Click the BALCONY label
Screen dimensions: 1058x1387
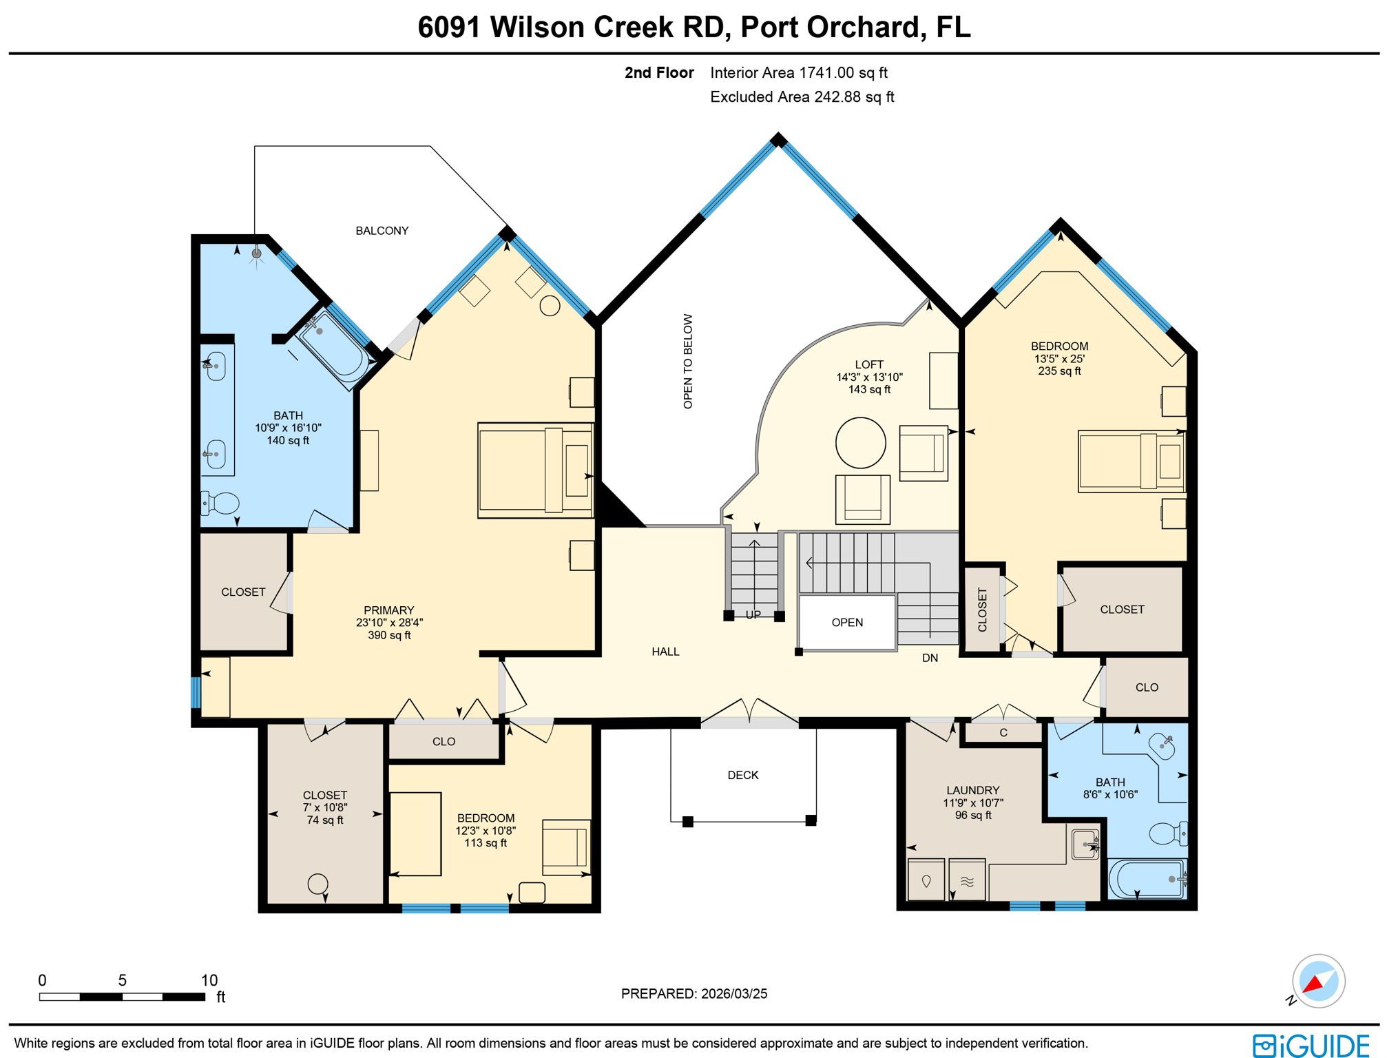point(382,231)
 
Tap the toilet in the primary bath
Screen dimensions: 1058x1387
point(220,503)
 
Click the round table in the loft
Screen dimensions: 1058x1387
point(860,442)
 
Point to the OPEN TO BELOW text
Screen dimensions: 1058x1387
point(688,362)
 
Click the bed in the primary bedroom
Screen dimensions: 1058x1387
point(534,470)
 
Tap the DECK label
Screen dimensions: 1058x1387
point(742,775)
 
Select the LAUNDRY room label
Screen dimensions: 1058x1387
point(972,790)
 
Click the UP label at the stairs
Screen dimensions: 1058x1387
point(753,614)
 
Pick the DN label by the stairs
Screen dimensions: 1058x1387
point(930,658)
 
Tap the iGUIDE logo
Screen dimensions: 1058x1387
point(1311,1045)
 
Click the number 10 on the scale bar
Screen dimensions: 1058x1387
point(209,980)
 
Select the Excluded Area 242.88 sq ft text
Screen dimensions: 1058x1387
point(802,97)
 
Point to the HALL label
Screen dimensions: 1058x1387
point(665,652)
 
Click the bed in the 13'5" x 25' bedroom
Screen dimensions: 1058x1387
point(1131,461)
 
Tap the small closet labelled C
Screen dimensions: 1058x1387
point(1003,732)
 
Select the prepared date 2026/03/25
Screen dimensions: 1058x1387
point(733,994)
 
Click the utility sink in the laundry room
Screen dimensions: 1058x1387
point(1085,844)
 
